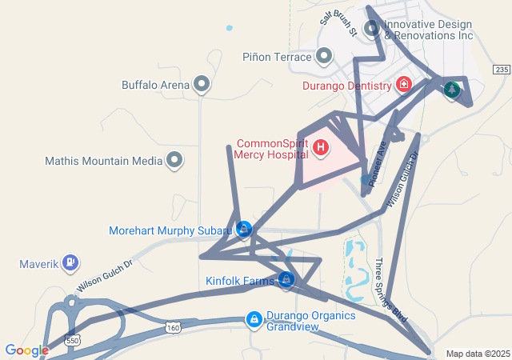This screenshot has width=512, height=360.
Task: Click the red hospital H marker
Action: point(321,147)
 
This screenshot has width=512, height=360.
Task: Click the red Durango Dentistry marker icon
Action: point(404,84)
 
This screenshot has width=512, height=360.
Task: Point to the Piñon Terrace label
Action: point(276,57)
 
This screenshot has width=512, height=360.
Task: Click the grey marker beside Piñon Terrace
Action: point(324,56)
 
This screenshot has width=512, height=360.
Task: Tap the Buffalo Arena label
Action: point(155,84)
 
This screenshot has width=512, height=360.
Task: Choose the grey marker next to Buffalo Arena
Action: point(202,83)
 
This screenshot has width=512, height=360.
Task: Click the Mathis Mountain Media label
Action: point(104,161)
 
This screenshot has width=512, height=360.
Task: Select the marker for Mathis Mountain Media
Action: point(174,161)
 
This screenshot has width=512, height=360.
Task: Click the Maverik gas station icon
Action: point(71,262)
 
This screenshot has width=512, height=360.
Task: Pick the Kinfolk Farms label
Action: point(240,281)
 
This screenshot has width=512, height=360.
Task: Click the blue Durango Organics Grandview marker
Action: point(254,320)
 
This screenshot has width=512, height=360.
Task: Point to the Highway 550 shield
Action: point(73,318)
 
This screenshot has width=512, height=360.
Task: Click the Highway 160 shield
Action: point(174,327)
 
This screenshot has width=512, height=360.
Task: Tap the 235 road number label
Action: point(501,70)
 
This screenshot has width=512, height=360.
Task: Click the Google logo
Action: point(26,350)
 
